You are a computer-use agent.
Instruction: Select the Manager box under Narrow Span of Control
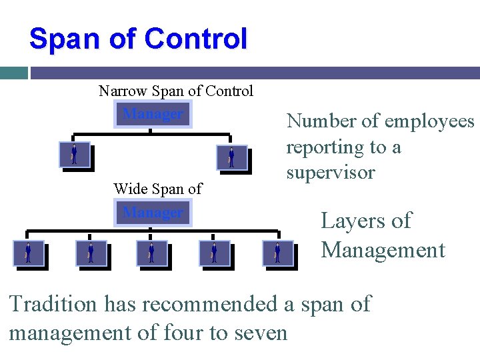point(153,113)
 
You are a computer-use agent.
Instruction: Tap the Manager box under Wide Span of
point(153,213)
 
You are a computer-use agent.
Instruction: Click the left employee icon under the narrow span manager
point(74,155)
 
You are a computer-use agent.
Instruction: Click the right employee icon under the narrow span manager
point(232,157)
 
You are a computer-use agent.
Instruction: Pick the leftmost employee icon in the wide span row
point(28,253)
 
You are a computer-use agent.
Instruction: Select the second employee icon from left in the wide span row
point(91,253)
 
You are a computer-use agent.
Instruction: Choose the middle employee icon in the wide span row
point(152,253)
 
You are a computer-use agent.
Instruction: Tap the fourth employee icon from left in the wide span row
point(215,253)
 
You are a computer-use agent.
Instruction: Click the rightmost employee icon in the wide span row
point(277,253)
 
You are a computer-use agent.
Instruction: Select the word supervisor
point(331,173)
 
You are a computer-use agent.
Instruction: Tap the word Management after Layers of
point(383,250)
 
